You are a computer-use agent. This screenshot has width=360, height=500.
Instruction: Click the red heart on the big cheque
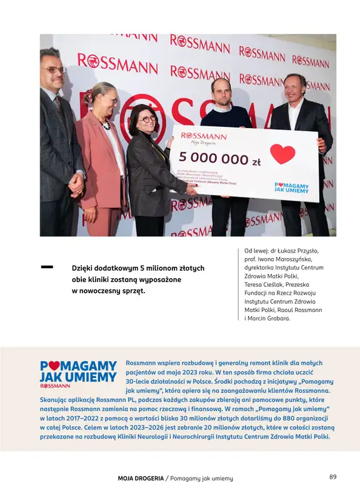point(282,154)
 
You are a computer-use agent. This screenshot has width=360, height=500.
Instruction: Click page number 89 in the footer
point(332,477)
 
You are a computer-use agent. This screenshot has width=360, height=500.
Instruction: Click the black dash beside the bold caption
point(47,267)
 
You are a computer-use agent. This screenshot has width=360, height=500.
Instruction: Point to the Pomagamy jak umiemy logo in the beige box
point(78,371)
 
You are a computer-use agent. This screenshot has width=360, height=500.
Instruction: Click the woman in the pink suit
point(102,156)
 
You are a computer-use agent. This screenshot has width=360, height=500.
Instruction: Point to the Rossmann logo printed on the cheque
point(204,136)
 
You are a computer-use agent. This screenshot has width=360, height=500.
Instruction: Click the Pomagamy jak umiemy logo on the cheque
point(292,187)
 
